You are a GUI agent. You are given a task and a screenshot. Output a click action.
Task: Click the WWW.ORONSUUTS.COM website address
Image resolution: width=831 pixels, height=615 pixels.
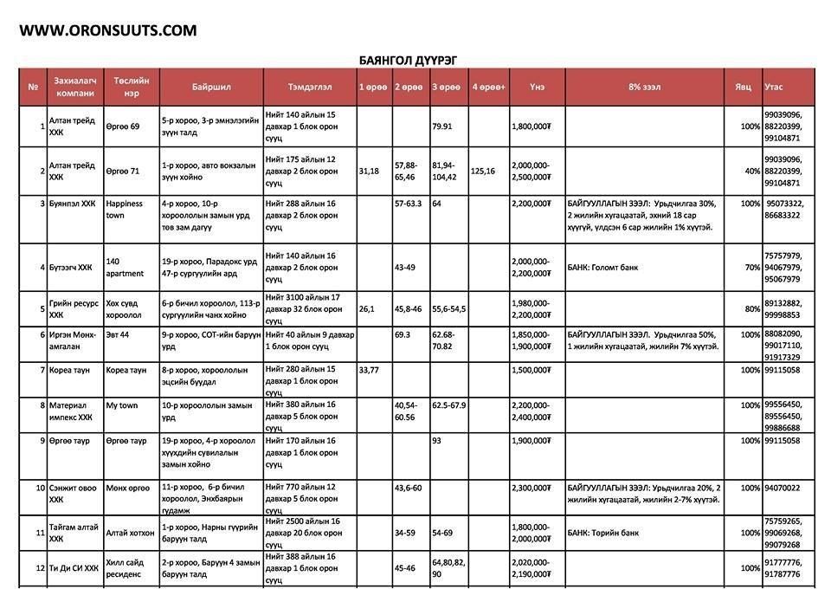pyautogui.click(x=108, y=30)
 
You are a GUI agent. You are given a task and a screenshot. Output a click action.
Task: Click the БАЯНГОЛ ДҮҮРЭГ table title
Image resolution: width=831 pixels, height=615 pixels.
pyautogui.click(x=408, y=60)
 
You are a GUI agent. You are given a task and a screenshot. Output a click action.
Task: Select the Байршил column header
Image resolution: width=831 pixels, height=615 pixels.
pyautogui.click(x=210, y=87)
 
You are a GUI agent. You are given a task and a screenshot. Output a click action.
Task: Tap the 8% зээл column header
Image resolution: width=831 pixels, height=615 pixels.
pyautogui.click(x=644, y=87)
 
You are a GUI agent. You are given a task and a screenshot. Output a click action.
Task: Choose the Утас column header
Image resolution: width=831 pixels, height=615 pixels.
pyautogui.click(x=774, y=87)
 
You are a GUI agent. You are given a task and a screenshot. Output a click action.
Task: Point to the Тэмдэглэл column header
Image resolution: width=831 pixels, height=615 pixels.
pyautogui.click(x=309, y=87)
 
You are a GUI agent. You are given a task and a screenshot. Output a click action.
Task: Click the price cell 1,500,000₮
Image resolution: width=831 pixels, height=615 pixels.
pyautogui.click(x=531, y=370)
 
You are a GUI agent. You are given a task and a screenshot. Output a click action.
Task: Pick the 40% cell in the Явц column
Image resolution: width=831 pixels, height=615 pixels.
pyautogui.click(x=750, y=171)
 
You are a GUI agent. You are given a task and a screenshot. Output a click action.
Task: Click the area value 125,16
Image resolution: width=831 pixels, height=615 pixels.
pyautogui.click(x=483, y=171)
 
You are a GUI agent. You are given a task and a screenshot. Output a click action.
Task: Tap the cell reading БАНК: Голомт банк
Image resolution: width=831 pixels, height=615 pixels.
pyautogui.click(x=603, y=268)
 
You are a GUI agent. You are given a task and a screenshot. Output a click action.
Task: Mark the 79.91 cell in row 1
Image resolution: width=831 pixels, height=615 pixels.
pyautogui.click(x=442, y=126)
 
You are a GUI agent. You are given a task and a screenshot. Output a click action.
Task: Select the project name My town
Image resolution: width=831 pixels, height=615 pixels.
pyautogui.click(x=122, y=405)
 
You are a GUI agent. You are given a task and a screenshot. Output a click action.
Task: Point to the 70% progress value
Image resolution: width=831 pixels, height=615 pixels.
pyautogui.click(x=750, y=268)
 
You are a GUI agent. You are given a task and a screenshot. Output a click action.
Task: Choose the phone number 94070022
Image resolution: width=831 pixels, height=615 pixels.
pyautogui.click(x=783, y=488)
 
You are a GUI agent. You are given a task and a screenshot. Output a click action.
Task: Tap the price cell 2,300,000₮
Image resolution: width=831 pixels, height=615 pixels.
pyautogui.click(x=531, y=488)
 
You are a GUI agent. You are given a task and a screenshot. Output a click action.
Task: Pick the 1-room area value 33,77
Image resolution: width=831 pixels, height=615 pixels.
pyautogui.click(x=369, y=370)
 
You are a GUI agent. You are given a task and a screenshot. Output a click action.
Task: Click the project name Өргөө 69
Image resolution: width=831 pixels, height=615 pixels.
pyautogui.click(x=123, y=126)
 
